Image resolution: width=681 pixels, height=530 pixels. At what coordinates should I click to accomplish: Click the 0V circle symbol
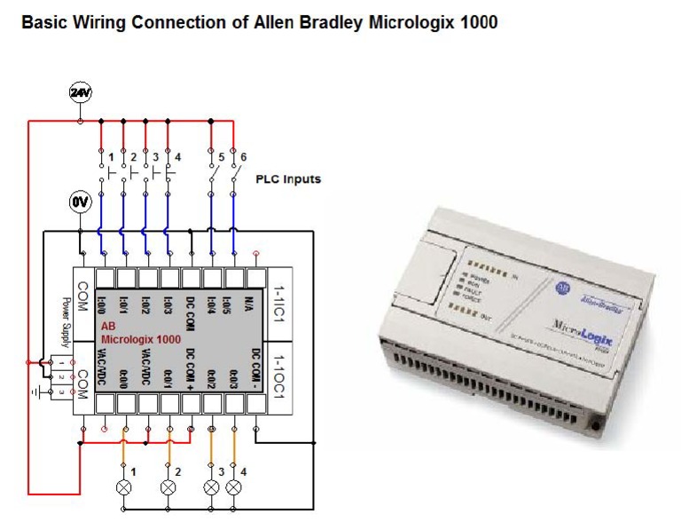(80, 202)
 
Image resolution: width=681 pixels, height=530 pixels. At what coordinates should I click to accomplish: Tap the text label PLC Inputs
(288, 178)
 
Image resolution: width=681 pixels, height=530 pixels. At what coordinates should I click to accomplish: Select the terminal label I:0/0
(103, 299)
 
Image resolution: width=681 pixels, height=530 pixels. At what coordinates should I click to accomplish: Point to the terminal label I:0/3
(168, 299)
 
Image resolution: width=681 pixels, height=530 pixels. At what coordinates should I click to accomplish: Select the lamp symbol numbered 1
(124, 487)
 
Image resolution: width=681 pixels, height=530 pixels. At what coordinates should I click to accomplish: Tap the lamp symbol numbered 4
(234, 487)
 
